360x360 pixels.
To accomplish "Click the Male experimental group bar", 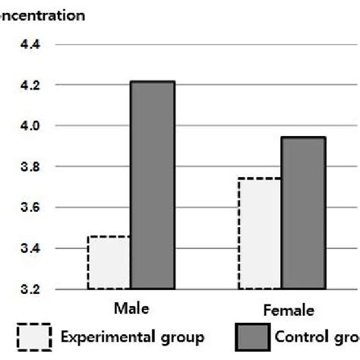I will coord(109,263).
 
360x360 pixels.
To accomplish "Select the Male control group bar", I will coord(152,185).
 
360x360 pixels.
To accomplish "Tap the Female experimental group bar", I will coord(260,234).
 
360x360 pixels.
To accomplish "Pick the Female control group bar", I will coord(303,213).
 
